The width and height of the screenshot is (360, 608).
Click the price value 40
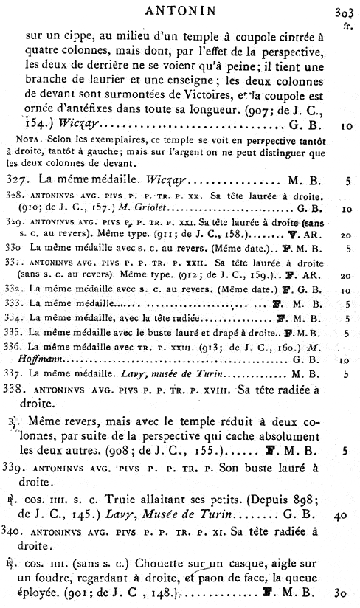coord(339,518)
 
